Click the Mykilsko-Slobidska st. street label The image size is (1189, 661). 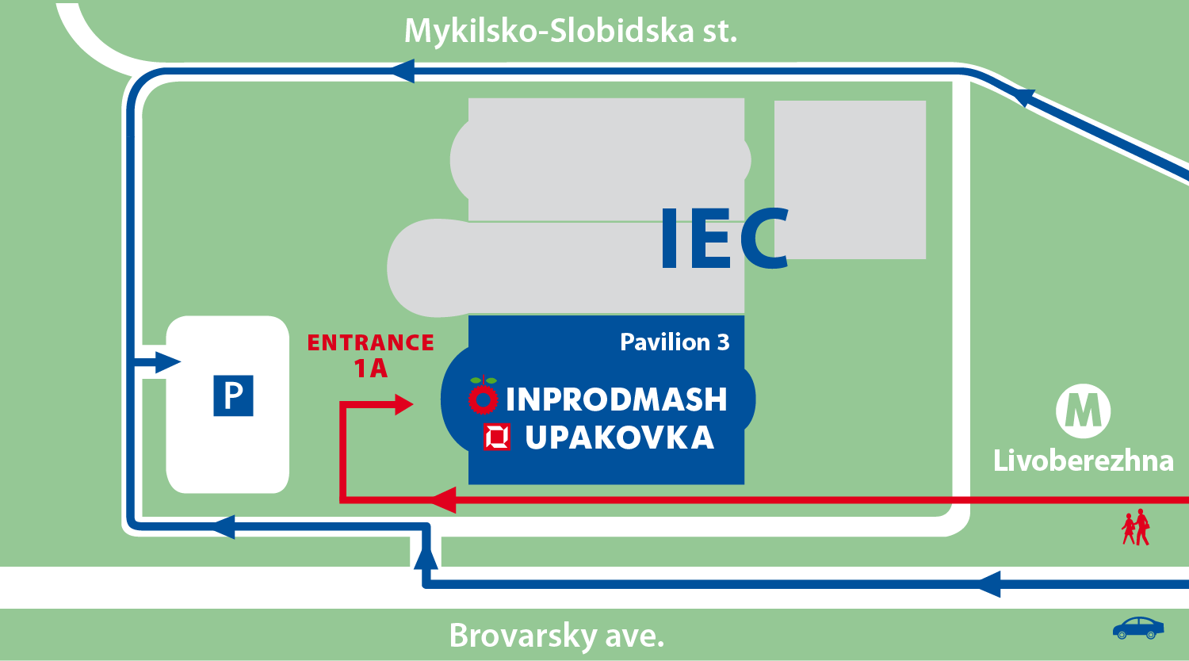(571, 32)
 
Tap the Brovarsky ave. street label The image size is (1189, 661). (556, 635)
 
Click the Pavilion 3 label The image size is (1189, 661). (675, 342)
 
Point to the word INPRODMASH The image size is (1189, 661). (616, 399)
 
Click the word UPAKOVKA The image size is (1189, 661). (619, 437)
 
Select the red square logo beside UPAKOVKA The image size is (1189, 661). (497, 437)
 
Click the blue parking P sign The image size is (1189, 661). (233, 395)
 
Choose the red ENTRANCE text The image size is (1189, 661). (371, 342)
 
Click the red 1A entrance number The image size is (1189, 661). (370, 369)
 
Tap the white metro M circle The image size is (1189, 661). (1083, 411)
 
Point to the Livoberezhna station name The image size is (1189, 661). (1083, 460)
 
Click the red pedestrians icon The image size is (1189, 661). (1136, 527)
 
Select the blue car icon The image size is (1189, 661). (1138, 628)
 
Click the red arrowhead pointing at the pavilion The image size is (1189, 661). (403, 405)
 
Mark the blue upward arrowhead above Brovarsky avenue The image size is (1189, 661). (426, 558)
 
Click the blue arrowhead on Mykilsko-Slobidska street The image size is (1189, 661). (403, 71)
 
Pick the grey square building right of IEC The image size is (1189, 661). (850, 179)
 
